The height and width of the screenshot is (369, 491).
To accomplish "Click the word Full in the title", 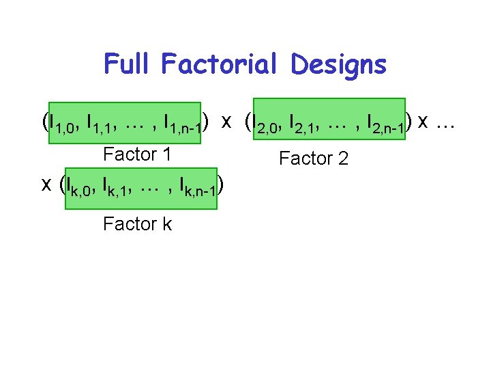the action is click(x=130, y=65).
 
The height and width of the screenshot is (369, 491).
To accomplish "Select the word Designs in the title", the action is click(x=338, y=65).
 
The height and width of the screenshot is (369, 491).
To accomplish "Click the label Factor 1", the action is click(x=137, y=154).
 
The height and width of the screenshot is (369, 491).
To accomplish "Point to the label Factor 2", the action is click(x=314, y=159).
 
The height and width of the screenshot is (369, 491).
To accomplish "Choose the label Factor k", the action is click(x=137, y=223).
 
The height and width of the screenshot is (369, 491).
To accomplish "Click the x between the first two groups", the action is click(x=226, y=122).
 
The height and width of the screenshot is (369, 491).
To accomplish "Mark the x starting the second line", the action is click(x=46, y=184).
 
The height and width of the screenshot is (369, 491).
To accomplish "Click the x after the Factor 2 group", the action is click(x=423, y=122).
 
